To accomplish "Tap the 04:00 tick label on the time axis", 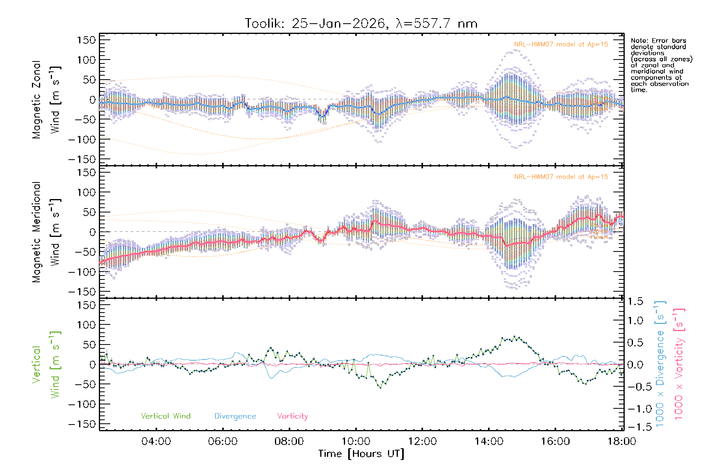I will click(156, 441).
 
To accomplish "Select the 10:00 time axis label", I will click(356, 441).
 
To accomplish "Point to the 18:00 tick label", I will click(622, 441).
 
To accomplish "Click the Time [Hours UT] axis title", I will click(361, 454).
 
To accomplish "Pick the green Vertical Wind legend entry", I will click(165, 416).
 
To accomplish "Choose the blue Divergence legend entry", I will click(235, 416).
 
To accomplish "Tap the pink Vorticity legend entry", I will click(292, 416).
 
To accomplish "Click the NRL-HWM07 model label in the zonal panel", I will click(561, 45).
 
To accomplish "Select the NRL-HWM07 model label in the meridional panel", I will click(561, 177).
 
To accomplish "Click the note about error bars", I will click(661, 65).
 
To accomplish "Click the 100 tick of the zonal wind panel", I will click(86, 60).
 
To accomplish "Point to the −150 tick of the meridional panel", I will click(82, 292).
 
